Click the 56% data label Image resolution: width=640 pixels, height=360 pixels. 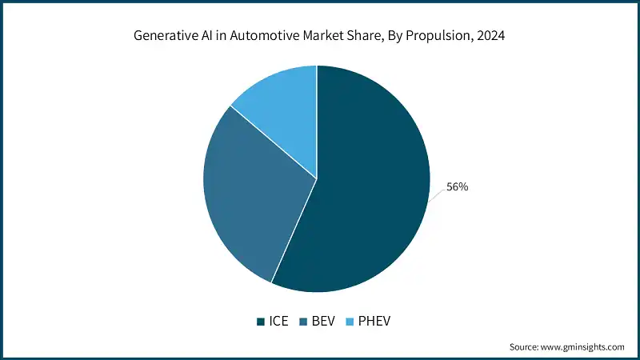457,186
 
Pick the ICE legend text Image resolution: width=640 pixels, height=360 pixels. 278,322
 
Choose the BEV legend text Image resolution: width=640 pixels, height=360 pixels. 323,322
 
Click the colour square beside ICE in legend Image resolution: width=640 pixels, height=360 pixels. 261,322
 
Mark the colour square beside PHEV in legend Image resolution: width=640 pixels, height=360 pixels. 350,322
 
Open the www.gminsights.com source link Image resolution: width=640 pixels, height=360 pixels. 582,346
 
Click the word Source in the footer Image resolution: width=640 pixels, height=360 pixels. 525,346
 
